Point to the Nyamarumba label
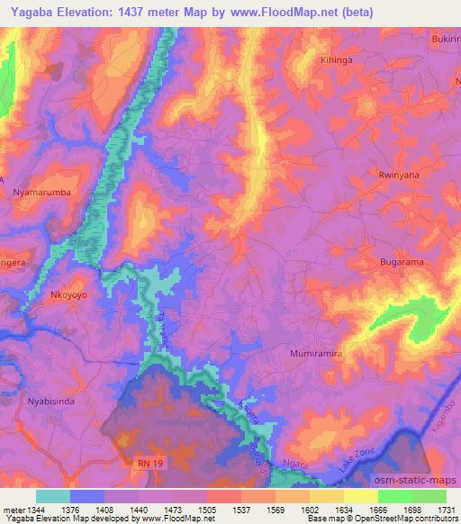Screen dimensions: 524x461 pos(38,193)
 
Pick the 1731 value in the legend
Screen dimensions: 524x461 pos(447,510)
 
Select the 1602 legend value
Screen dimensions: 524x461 pos(309,510)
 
